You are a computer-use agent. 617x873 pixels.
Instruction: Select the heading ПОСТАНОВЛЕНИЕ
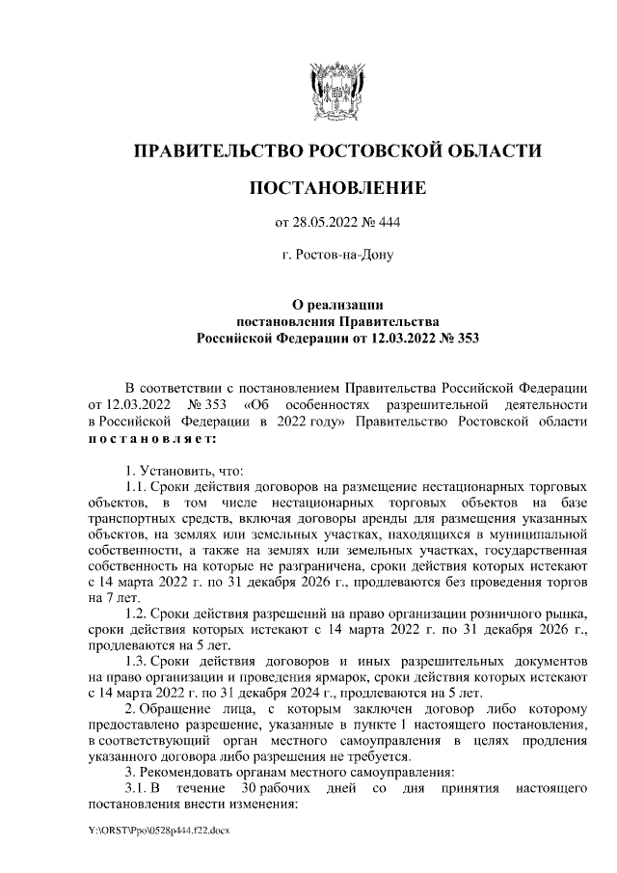click(336, 188)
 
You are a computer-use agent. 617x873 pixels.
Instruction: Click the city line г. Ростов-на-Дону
click(336, 256)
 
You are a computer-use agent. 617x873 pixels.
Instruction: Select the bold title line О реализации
click(337, 304)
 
